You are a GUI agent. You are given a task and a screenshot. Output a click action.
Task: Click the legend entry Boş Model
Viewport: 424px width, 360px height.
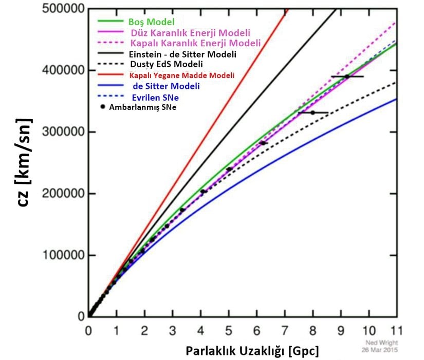click(152, 22)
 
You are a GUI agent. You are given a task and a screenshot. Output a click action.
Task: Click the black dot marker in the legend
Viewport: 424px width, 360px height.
click(103, 106)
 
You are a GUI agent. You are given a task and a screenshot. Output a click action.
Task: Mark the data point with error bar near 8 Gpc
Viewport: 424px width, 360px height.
click(312, 112)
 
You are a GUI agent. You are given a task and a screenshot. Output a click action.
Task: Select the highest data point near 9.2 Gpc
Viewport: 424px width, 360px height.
click(347, 77)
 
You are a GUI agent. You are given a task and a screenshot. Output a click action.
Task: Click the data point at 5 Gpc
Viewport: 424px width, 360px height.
click(229, 169)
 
